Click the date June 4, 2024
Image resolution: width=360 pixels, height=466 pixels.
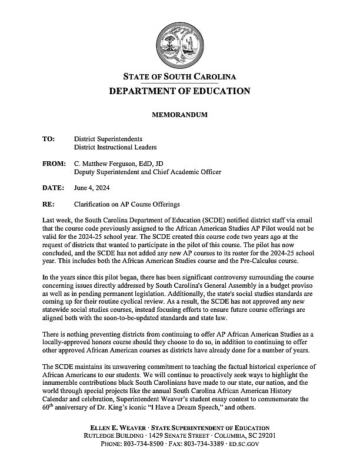tap(91, 188)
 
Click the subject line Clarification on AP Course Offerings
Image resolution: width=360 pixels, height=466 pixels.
tap(127, 204)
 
